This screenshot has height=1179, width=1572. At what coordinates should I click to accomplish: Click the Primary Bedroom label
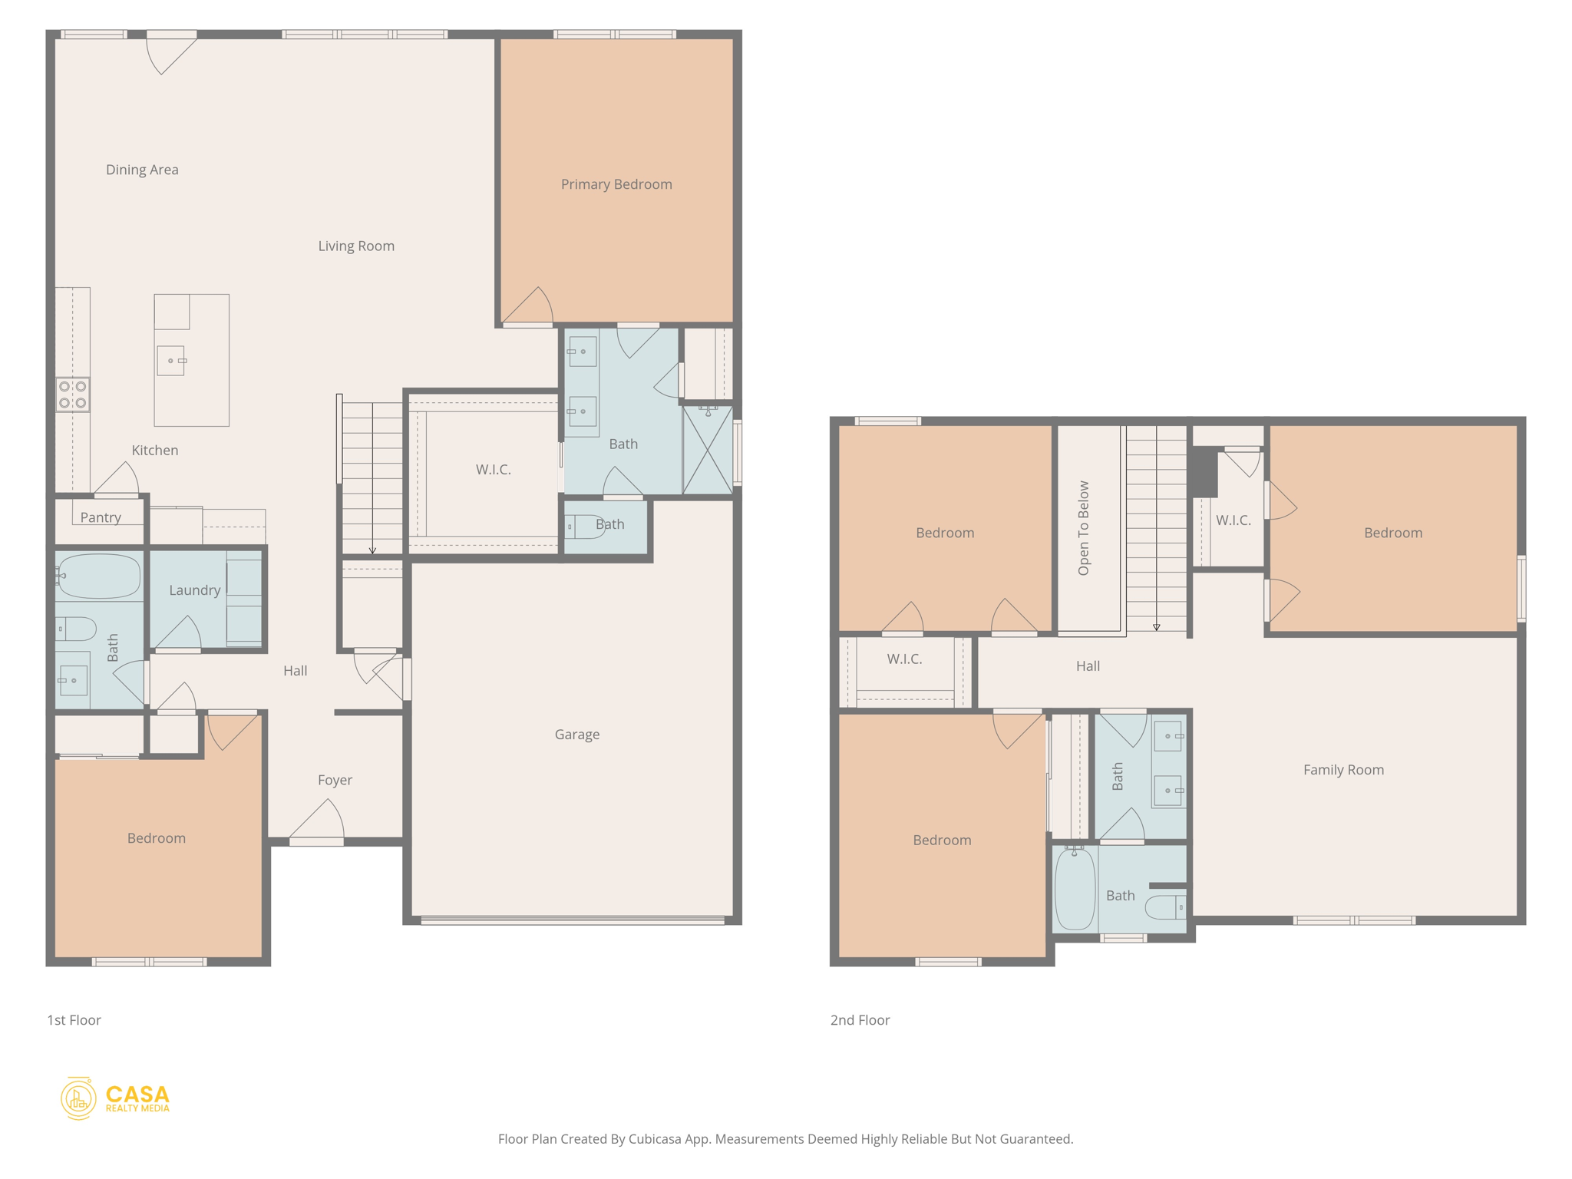point(616,184)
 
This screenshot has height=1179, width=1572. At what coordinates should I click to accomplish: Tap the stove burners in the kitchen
point(73,395)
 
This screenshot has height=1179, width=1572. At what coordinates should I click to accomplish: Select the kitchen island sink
point(171,361)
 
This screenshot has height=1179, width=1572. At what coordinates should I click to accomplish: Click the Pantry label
point(101,517)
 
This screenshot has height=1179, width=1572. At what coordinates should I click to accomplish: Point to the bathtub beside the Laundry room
point(99,576)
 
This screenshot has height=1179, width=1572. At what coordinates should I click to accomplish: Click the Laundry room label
point(194,590)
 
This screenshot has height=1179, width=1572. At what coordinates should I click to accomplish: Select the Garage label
point(577,735)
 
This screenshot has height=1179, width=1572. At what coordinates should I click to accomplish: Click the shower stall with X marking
point(708,451)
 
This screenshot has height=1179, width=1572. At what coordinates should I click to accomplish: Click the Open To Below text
point(1084,528)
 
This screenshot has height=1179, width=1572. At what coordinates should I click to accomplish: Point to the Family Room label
point(1343,770)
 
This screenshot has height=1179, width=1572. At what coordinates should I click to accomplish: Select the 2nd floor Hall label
point(1088,666)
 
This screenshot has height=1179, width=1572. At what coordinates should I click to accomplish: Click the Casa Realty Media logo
point(115,1098)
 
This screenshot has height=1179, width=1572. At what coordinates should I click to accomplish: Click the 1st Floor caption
point(74,1020)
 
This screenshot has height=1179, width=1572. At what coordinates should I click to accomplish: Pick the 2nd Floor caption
point(860,1020)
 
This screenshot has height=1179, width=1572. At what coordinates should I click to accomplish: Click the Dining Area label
point(142,170)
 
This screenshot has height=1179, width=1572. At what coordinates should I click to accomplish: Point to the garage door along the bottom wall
point(573,920)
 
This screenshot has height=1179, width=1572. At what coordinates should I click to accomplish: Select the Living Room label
point(356,246)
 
